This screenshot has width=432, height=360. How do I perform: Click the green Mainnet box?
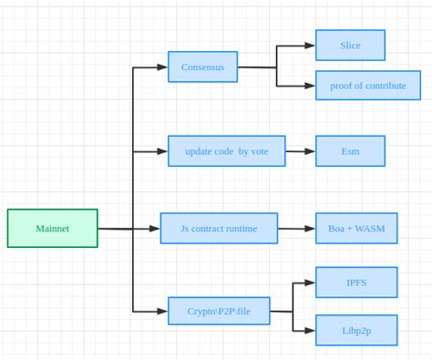click(52, 228)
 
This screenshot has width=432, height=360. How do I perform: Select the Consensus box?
click(202, 67)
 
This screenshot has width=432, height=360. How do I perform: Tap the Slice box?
click(350, 45)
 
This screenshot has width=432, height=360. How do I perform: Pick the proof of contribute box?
click(367, 85)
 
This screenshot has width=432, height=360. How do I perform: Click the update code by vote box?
click(226, 151)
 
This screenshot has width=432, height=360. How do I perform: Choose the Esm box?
click(350, 151)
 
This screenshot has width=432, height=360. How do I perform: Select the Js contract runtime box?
click(219, 228)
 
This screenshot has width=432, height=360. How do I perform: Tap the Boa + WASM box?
click(356, 228)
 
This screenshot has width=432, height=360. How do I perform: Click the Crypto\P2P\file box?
click(219, 311)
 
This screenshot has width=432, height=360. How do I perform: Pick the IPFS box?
click(356, 283)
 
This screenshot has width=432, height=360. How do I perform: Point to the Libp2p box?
click(356, 330)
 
